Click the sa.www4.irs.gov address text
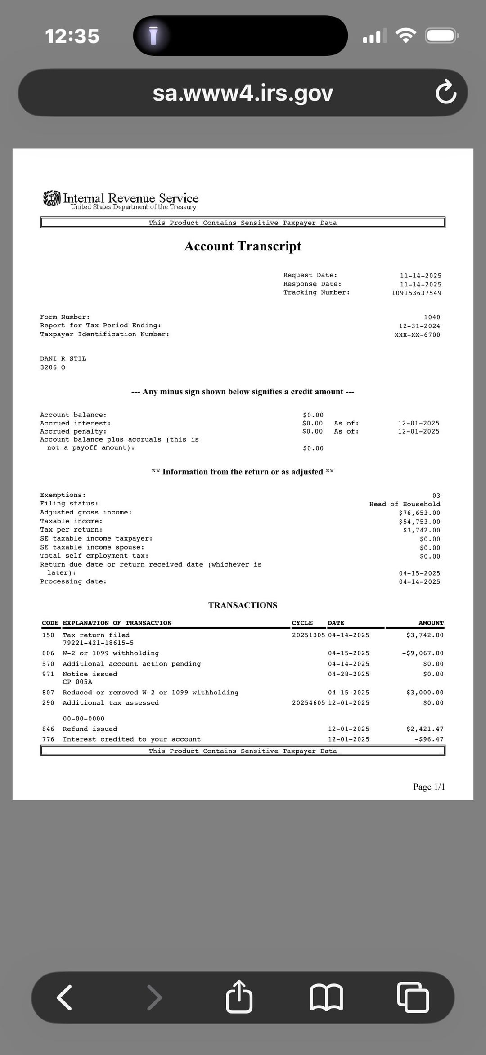tap(243, 93)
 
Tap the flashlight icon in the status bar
tap(153, 36)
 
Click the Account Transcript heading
tap(243, 246)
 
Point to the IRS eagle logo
tap(52, 198)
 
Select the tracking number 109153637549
tap(416, 293)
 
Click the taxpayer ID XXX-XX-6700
tap(417, 335)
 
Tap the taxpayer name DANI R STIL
tap(63, 358)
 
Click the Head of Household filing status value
tap(405, 504)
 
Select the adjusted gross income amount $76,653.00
tap(419, 513)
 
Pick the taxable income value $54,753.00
tap(419, 522)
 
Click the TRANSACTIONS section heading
tap(243, 605)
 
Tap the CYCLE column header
tap(302, 623)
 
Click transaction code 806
tap(48, 653)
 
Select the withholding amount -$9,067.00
tap(423, 653)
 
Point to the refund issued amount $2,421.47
tap(424, 729)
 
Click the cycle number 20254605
tap(308, 702)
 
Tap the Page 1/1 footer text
tap(428, 787)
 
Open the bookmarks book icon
tap(327, 997)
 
